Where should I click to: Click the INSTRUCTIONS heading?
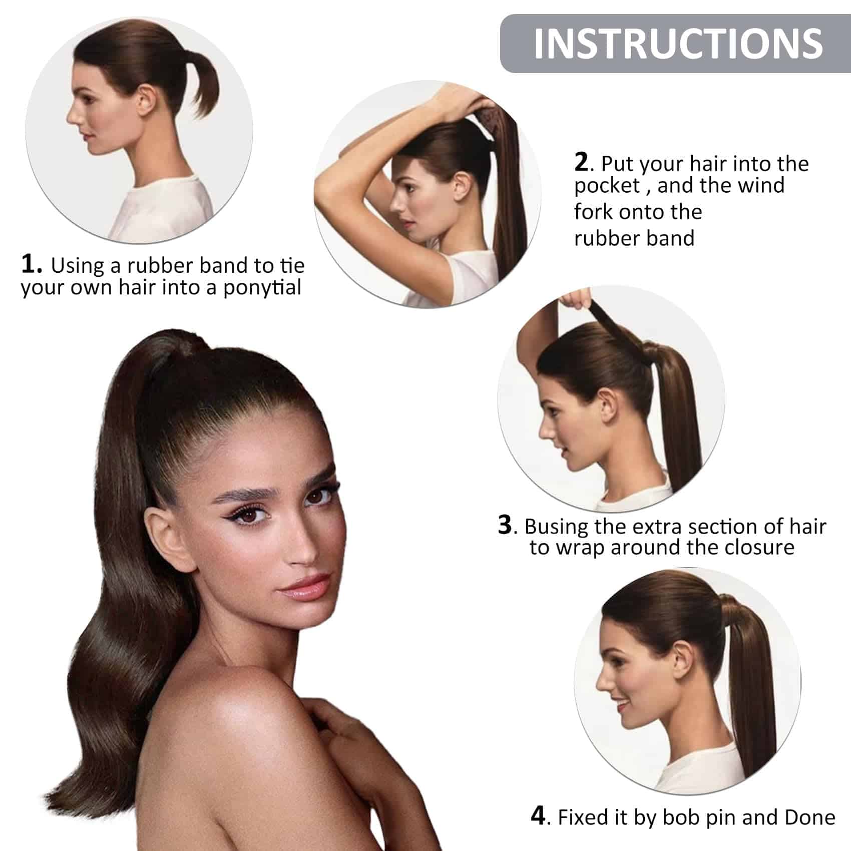[x=678, y=44]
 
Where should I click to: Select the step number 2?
[x=581, y=163]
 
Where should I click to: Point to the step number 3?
[x=505, y=526]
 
